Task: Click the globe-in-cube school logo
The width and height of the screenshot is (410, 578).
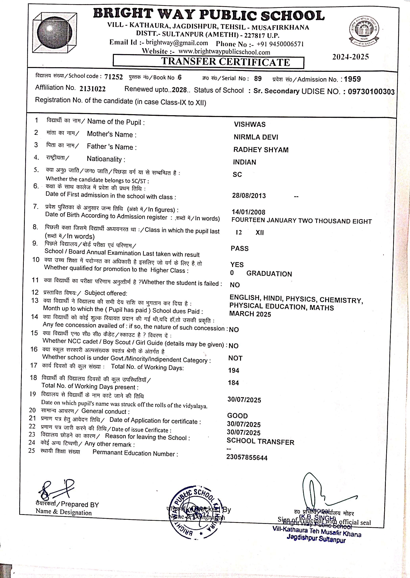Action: pos(54,33)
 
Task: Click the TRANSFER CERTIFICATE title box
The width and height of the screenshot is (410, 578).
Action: pos(208,62)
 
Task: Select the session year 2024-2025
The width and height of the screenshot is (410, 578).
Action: pos(350,57)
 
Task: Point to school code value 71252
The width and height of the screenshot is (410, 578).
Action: pos(114,77)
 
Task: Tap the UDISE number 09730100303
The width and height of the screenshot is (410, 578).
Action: pos(371,91)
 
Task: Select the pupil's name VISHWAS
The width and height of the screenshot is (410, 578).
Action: pos(250,125)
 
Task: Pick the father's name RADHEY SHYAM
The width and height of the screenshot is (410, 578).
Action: pos(261,150)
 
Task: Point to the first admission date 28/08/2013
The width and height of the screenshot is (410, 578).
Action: pos(249,196)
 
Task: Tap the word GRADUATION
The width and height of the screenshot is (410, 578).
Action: pos(269,274)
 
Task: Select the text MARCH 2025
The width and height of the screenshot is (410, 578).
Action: pos(250,314)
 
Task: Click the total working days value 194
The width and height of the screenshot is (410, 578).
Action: pos(233,370)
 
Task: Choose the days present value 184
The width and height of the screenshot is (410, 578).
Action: pos(233,383)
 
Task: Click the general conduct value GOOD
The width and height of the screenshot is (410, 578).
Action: pos(237,415)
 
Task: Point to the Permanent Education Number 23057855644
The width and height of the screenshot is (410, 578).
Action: pos(247,457)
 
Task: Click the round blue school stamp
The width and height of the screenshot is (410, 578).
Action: pos(196,512)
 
